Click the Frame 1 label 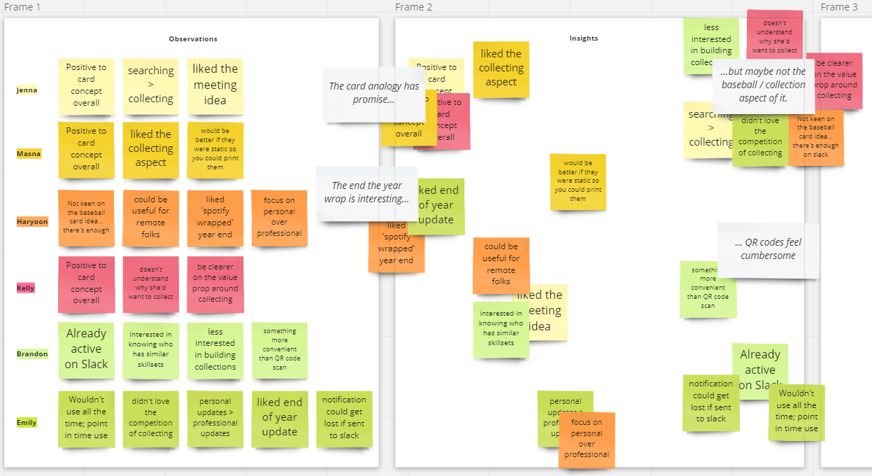click(22, 7)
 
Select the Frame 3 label click(838, 7)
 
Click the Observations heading click(193, 39)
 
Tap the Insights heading click(583, 38)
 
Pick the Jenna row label click(27, 90)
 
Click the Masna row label click(28, 153)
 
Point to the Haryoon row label click(32, 222)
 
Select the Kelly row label click(25, 288)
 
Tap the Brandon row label click(32, 353)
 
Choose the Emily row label click(27, 422)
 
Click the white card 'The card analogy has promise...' click(373, 93)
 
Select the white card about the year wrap click(366, 192)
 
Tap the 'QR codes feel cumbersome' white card click(768, 249)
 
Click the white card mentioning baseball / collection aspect click(763, 85)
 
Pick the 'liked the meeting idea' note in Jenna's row click(215, 85)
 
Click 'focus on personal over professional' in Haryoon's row click(279, 218)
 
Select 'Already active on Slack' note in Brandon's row click(86, 349)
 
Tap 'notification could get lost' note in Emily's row click(344, 418)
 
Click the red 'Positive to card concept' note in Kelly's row click(86, 283)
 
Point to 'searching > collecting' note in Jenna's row click(150, 85)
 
